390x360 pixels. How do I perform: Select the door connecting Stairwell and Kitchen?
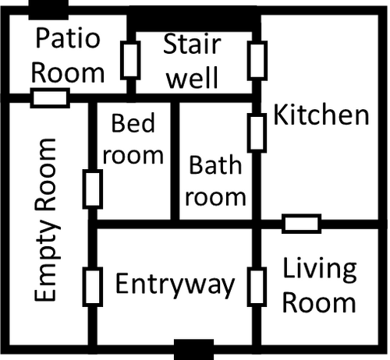pyautogui.click(x=256, y=59)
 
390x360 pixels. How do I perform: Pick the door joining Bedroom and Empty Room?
pyautogui.click(x=93, y=188)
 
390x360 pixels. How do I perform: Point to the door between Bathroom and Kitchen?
pyautogui.click(x=256, y=132)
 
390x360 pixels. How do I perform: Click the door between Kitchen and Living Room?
pyautogui.click(x=301, y=224)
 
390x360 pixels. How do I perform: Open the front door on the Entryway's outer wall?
pyautogui.click(x=193, y=342)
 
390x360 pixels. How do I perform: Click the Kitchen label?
pyautogui.click(x=321, y=116)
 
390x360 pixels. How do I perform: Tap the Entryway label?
pyautogui.click(x=175, y=284)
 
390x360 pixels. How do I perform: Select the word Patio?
pyautogui.click(x=69, y=39)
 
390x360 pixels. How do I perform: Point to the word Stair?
pyautogui.click(x=192, y=44)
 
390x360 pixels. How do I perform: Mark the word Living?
pyautogui.click(x=320, y=270)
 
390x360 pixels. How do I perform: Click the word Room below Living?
pyautogui.click(x=319, y=302)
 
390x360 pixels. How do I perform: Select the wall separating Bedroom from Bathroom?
pyautogui.click(x=175, y=160)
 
